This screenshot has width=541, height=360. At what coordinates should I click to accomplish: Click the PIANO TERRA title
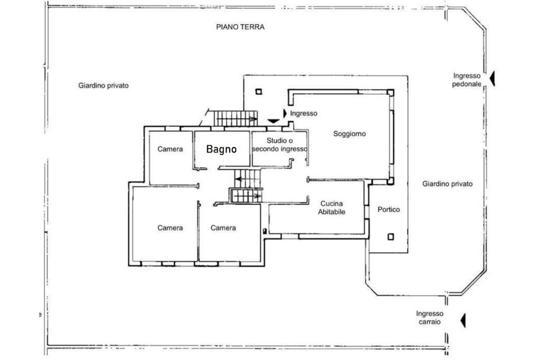tap(240, 27)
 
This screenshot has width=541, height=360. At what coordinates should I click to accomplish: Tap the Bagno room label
tap(221, 149)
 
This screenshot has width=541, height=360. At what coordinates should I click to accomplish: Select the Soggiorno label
tap(349, 134)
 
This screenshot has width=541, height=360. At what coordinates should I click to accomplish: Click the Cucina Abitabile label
tap(331, 207)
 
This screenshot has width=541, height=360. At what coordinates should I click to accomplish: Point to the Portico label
tap(388, 210)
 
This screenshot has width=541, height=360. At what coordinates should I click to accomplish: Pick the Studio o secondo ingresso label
tap(279, 145)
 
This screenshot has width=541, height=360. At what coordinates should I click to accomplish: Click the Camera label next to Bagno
tap(170, 149)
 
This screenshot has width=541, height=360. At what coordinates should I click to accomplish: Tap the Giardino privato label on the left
tap(104, 86)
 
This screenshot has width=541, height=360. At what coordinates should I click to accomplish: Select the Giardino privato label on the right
tap(447, 184)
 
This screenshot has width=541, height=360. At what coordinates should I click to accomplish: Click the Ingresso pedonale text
tap(467, 80)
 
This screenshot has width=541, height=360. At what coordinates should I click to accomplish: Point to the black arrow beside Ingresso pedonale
tap(492, 79)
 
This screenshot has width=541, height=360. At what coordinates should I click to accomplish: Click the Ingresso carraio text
tap(430, 317)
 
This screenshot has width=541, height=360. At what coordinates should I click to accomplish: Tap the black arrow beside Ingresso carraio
tap(463, 320)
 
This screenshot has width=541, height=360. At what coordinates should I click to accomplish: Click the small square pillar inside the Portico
tap(390, 236)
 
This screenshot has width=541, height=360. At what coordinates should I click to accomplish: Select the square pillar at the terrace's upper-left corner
tap(258, 91)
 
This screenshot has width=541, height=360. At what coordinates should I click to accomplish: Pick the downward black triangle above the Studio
tap(273, 121)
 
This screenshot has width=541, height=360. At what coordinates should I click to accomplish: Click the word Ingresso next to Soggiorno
tap(304, 113)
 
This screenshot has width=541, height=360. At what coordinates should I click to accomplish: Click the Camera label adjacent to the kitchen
tap(223, 228)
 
